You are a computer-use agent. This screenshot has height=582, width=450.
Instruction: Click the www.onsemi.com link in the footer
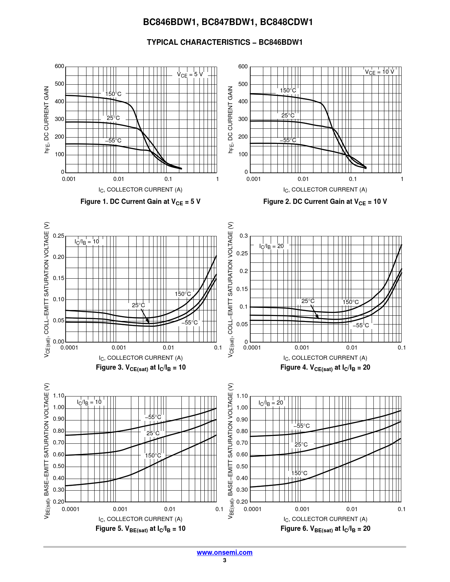tap(224, 553)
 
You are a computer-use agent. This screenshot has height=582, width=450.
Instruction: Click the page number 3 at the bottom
tap(224, 560)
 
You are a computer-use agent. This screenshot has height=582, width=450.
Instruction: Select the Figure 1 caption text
tap(140, 202)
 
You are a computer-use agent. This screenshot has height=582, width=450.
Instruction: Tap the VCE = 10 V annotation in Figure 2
tap(379, 72)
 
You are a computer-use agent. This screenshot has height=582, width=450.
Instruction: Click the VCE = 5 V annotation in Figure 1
tap(190, 75)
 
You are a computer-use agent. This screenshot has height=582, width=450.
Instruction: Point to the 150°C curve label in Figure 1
tap(113, 94)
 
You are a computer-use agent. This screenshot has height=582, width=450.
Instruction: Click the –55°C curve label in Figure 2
tap(288, 140)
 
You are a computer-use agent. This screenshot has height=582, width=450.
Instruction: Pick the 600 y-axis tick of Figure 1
tap(59, 66)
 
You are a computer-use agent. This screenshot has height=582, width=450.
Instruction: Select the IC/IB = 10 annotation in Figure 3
tap(87, 242)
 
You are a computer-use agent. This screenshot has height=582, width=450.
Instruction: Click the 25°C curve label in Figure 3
tap(138, 305)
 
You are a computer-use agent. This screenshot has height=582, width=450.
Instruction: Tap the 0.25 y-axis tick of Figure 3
tap(59, 236)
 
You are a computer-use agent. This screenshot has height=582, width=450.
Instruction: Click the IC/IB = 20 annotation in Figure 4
tap(271, 246)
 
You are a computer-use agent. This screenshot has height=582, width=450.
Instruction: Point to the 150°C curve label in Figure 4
tap(350, 302)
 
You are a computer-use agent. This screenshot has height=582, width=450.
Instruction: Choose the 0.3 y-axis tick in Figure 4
tap(244, 236)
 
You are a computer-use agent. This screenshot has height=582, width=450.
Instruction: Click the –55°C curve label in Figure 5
tap(153, 417)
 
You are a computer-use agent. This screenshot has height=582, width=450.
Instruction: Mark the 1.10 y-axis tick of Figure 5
tap(59, 396)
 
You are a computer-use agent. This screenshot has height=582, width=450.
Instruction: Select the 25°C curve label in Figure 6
tap(301, 445)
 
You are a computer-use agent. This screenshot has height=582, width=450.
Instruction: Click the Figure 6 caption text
tap(325, 529)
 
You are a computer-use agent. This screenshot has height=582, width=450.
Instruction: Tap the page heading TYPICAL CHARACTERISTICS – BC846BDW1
tap(225, 42)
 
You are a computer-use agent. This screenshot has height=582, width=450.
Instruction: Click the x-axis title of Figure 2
tap(325, 190)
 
